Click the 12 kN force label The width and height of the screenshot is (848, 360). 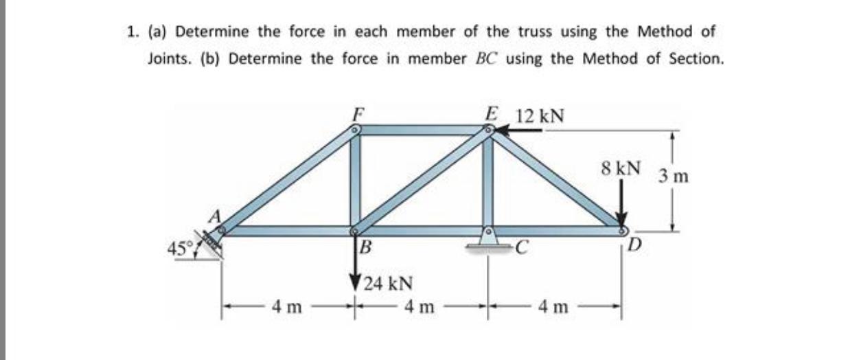540,115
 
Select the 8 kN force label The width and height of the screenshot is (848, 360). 620,168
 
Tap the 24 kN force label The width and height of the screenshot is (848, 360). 389,282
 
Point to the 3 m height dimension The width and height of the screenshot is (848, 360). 674,175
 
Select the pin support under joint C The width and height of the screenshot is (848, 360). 488,240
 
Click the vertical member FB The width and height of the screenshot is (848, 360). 356,180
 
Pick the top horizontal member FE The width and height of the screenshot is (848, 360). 422,129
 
